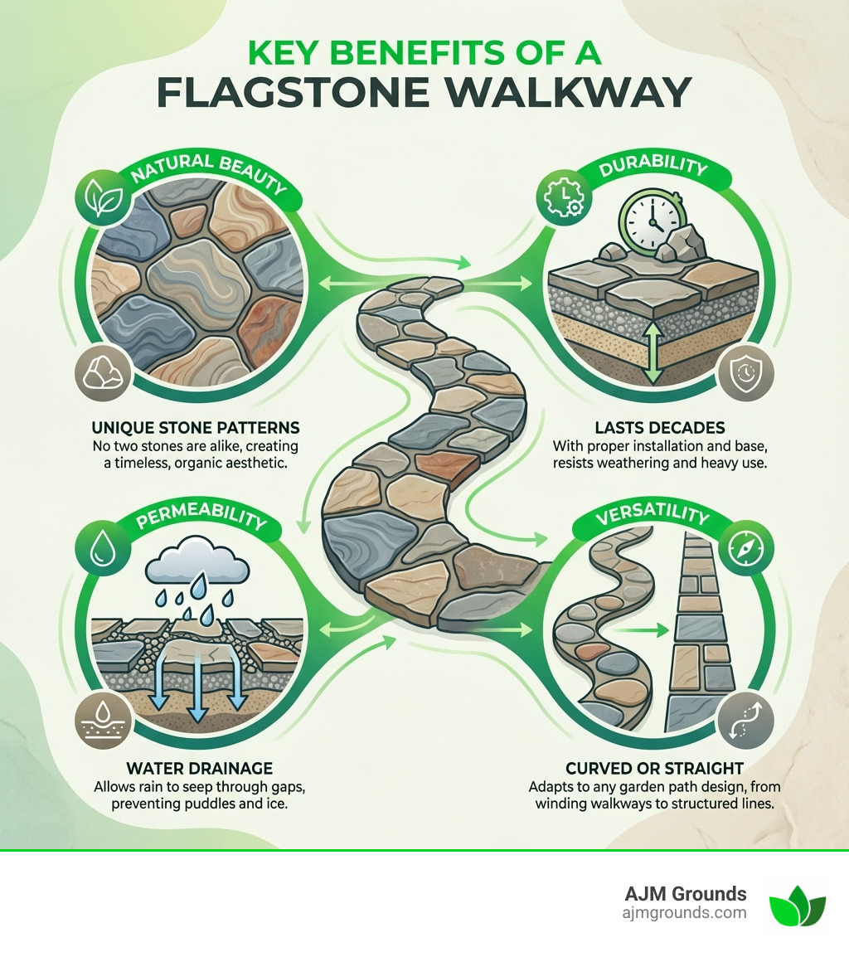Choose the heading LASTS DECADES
660,429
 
